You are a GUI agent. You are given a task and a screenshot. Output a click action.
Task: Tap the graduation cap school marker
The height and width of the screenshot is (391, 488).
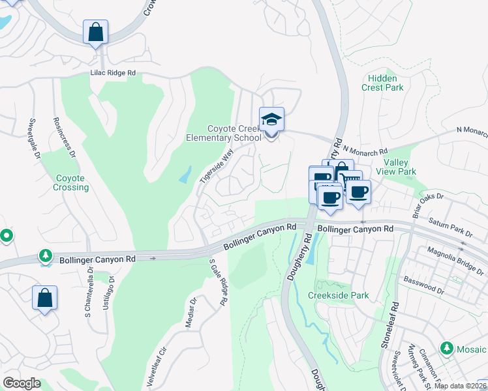[271, 120]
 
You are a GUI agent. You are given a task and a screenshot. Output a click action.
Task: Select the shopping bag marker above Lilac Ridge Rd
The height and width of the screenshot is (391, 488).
[95, 32]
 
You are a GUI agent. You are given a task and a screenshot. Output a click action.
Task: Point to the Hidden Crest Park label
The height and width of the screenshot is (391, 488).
[382, 83]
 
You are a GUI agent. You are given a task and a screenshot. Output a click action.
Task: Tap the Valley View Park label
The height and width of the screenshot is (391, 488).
[399, 167]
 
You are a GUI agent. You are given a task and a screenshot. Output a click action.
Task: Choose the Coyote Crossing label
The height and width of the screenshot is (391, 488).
[71, 182]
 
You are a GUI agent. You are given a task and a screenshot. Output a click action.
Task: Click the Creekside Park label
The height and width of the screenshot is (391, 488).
[339, 295]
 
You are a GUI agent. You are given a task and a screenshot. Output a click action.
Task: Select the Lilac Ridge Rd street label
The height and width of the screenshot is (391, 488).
[113, 74]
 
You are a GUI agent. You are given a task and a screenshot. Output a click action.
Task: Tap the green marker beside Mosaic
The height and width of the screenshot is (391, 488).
[447, 348]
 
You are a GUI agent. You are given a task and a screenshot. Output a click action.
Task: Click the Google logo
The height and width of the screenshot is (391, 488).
[22, 383]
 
